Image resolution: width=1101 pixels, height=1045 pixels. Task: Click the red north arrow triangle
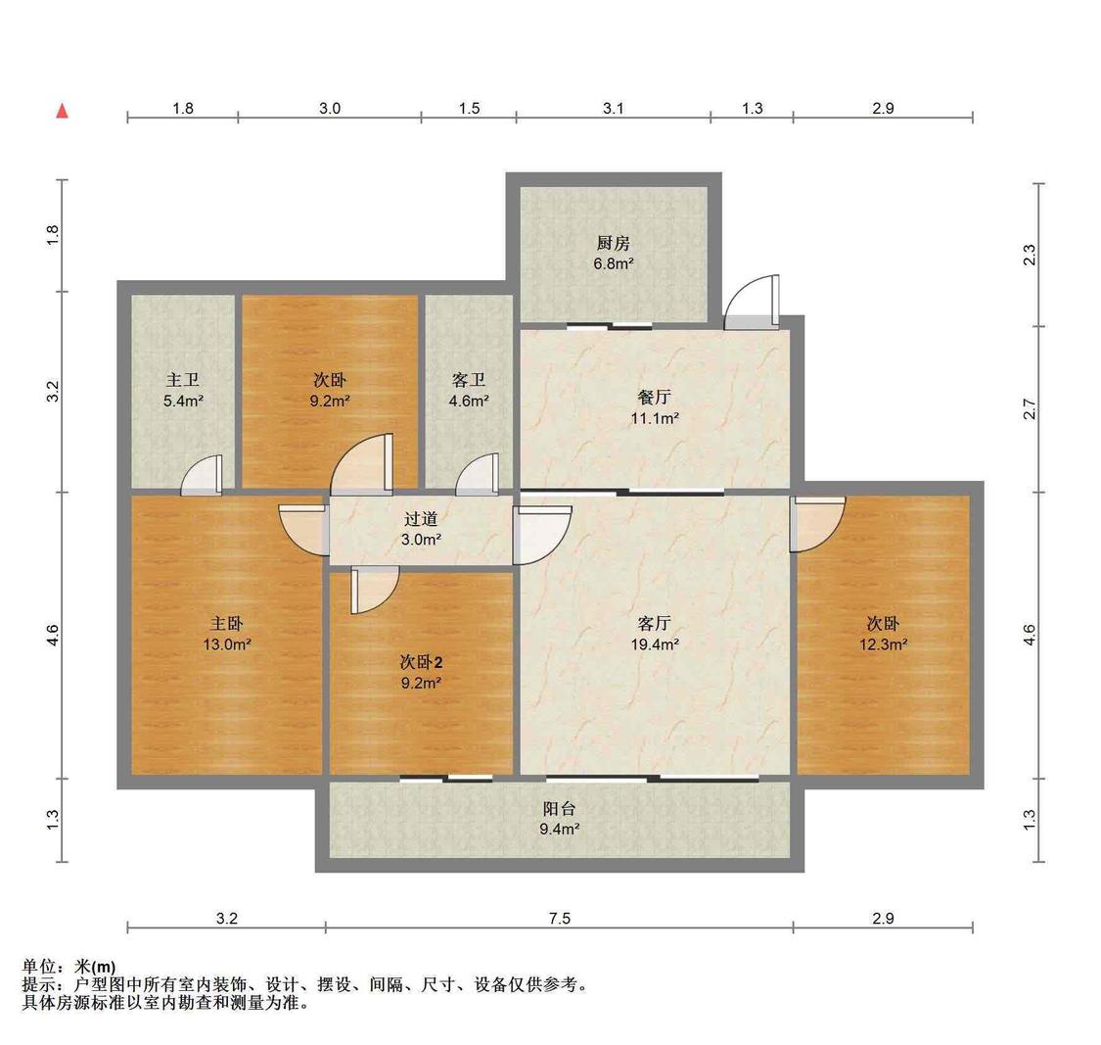click(63, 111)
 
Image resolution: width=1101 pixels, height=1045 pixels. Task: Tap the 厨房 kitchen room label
click(613, 243)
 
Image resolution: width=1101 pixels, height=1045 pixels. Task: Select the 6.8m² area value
click(614, 264)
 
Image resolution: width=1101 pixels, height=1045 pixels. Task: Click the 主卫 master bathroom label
click(183, 380)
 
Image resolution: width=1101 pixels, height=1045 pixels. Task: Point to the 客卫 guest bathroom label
click(469, 380)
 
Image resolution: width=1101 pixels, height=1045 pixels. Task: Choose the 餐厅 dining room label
click(655, 397)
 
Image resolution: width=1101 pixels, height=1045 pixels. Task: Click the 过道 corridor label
click(421, 519)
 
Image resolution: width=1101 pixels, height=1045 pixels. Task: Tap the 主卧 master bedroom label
click(227, 623)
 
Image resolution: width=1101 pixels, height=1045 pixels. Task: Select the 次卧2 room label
click(421, 662)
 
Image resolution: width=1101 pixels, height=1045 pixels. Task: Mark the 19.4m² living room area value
click(655, 644)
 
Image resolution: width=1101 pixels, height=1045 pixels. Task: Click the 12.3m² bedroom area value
click(884, 644)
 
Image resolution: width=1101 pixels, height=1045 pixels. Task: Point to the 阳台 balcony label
click(560, 809)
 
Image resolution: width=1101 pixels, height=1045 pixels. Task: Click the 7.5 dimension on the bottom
click(560, 919)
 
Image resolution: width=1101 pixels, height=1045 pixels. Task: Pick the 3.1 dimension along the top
click(613, 109)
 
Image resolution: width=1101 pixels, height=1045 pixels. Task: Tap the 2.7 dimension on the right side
click(1030, 409)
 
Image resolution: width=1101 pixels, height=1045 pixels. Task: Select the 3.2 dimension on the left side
click(53, 392)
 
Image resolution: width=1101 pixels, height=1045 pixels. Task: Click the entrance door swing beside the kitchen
click(752, 303)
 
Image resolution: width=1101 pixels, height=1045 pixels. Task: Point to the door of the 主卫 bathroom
click(202, 476)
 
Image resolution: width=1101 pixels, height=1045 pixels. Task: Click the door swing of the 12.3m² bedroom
click(817, 524)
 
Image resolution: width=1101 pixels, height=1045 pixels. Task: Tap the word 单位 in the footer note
click(38, 967)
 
